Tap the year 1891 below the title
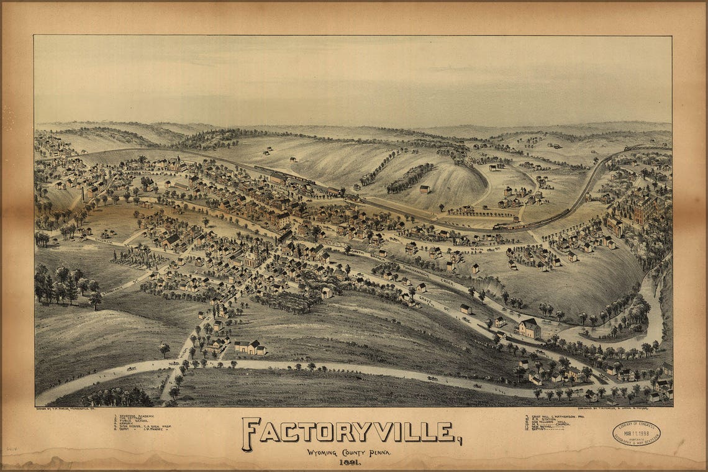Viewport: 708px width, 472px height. pos(348,461)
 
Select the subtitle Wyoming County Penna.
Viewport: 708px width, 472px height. pos(348,452)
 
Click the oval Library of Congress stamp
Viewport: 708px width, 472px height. pos(636,433)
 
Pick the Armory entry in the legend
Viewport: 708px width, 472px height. pos(127,424)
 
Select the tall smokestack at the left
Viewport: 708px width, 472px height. pos(82,193)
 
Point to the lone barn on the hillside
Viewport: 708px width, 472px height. pos(424,189)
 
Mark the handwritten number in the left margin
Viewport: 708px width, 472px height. pos(11,447)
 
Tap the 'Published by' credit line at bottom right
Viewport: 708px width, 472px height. pos(565,410)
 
